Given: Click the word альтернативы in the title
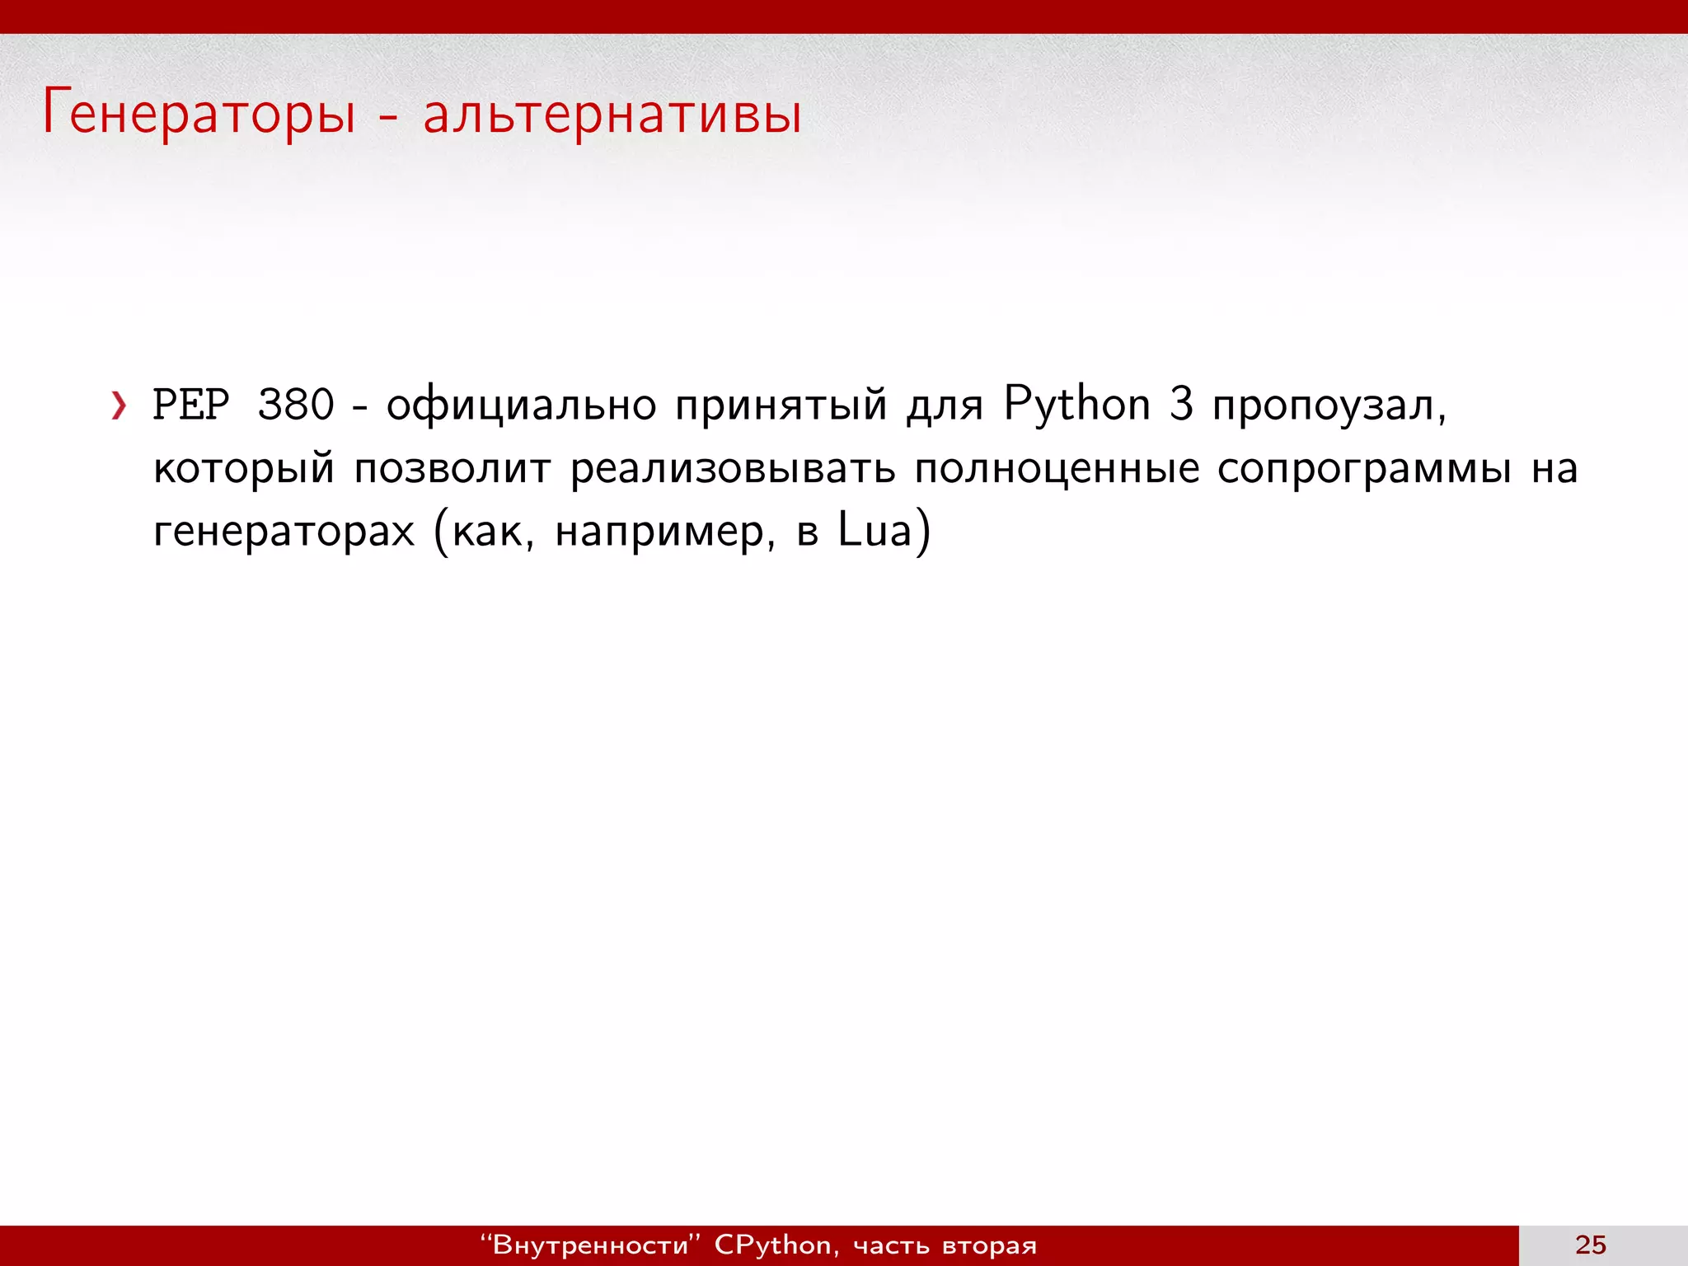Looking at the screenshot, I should point(612,114).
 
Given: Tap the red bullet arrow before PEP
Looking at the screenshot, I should point(120,406).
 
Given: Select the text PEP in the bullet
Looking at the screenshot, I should point(191,406).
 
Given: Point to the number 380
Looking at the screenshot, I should point(296,406).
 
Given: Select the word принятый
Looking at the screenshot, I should point(781,406).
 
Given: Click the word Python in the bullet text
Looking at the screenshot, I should point(1076,406).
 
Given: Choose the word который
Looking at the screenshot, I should point(244,468).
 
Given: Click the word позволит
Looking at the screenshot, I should point(452,468).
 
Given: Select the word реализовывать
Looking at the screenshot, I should point(733,468).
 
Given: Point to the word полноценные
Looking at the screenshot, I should point(1057,468).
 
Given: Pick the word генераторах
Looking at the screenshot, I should point(284,531).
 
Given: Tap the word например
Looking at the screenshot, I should point(664,531).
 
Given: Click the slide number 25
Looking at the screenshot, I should point(1591,1245).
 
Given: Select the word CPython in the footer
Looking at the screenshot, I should point(772,1245).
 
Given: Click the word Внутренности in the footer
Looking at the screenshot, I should point(590,1245).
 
